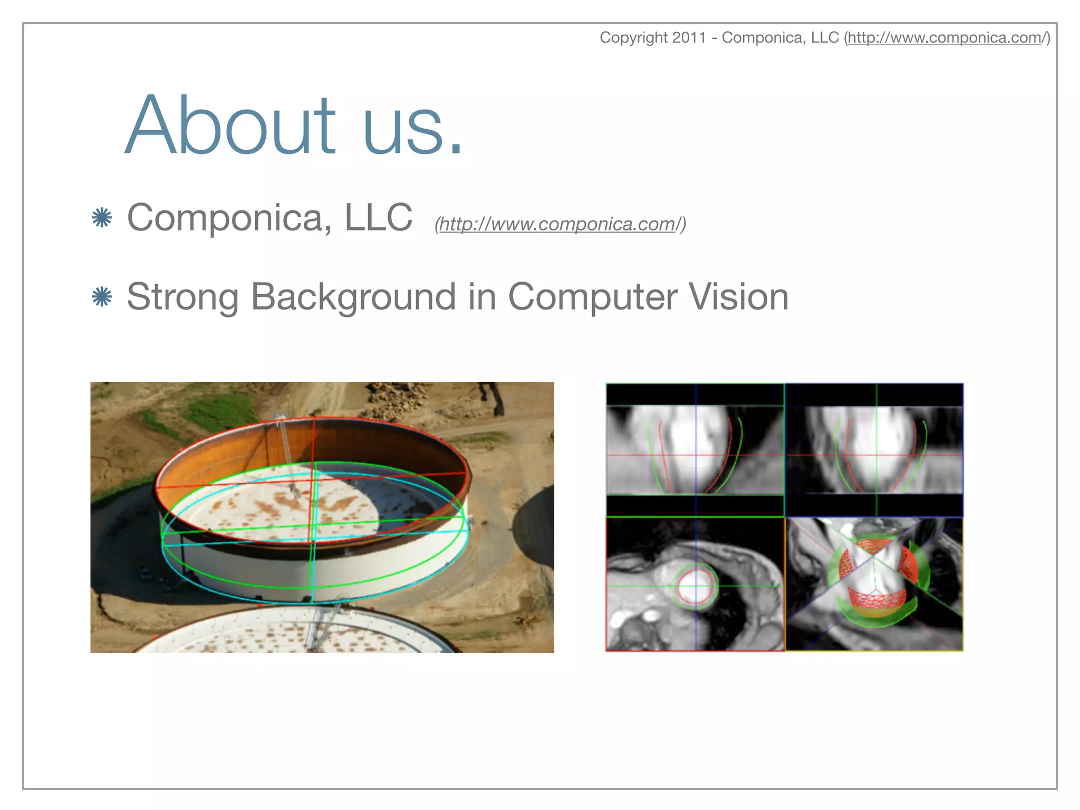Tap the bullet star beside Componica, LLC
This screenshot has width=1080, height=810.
tap(102, 218)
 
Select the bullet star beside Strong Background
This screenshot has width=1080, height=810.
tap(102, 297)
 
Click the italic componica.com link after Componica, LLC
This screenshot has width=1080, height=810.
tap(560, 224)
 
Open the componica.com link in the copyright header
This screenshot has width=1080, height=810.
tap(947, 37)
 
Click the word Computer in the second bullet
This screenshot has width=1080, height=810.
tap(592, 297)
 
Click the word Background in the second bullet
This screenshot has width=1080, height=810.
tap(353, 297)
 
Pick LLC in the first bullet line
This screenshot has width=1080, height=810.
tap(378, 218)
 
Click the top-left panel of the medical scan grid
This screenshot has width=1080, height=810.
tap(695, 449)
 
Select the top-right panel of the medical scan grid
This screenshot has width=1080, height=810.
tap(874, 449)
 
